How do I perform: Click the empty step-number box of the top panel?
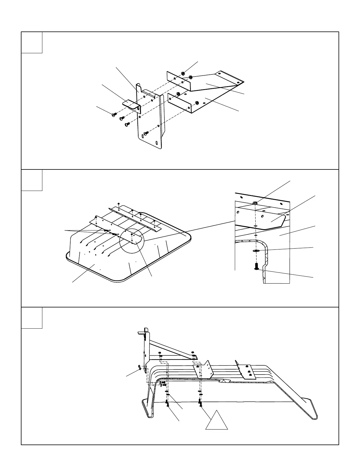32,42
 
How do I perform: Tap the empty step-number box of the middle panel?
32,180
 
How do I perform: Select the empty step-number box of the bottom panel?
32,318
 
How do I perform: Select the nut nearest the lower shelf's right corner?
197,103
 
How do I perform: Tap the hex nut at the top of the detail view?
255,203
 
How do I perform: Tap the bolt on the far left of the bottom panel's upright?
139,367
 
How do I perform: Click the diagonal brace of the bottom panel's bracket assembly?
171,347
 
